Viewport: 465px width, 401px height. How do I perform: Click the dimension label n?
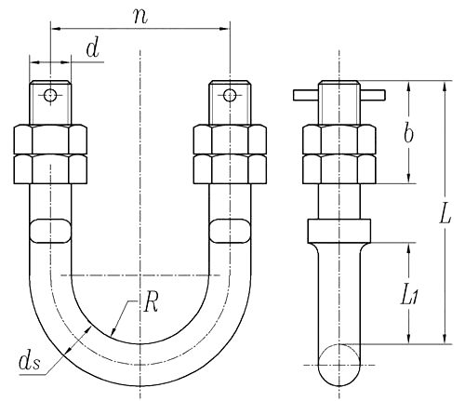pos(140,17)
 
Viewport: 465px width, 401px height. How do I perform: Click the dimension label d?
pos(92,51)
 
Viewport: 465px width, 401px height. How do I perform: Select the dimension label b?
pos(408,132)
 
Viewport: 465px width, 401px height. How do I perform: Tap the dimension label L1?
pos(410,296)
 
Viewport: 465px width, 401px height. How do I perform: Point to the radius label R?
pos(151,302)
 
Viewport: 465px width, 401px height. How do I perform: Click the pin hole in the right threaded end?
pos(228,95)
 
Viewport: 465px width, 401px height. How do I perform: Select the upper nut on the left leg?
pos(51,140)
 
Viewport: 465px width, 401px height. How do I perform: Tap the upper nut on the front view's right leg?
pos(229,140)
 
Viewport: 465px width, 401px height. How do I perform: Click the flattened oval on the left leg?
pos(49,230)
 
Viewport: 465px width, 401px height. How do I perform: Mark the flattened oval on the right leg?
pos(230,230)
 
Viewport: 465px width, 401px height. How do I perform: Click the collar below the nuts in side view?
pos(338,230)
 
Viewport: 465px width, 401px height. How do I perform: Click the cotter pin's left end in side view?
pos(303,95)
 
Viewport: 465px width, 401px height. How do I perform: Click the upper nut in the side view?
pos(338,140)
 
